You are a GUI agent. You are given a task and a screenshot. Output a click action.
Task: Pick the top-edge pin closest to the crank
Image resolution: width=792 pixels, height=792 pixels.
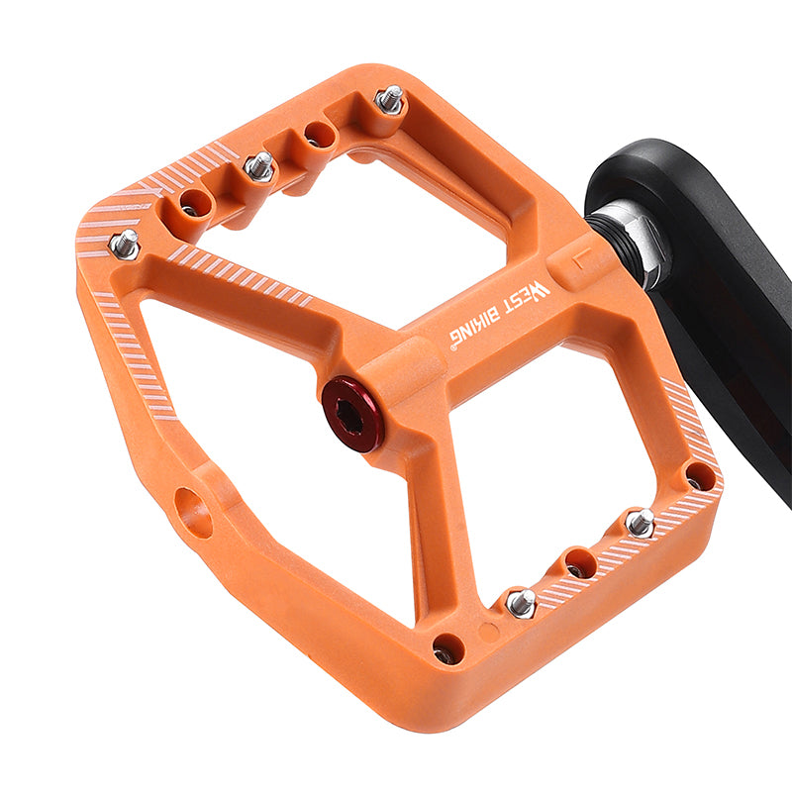click(x=390, y=99)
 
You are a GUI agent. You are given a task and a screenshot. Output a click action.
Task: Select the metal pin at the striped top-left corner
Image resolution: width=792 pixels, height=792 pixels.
click(x=124, y=244)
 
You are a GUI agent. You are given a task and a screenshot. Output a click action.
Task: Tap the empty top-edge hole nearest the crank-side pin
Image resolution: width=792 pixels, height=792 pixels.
click(x=320, y=133)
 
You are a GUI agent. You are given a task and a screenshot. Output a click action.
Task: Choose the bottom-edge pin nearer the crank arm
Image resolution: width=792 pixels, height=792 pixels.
click(x=641, y=522)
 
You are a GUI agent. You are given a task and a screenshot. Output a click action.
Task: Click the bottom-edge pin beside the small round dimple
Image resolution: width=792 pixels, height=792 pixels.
click(x=521, y=601)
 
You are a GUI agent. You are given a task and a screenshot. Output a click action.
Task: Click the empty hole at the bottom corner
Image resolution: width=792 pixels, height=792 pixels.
click(x=447, y=649)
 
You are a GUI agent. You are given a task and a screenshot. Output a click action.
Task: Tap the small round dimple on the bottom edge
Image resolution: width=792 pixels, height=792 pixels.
click(x=488, y=630)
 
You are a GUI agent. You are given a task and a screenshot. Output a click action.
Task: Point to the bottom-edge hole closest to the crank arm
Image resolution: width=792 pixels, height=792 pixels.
click(x=700, y=476)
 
